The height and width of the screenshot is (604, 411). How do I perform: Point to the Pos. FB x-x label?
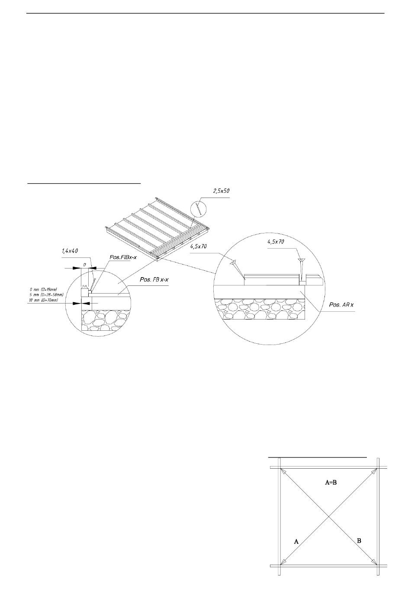[154, 280]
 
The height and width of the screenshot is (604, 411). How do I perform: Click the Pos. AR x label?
[341, 305]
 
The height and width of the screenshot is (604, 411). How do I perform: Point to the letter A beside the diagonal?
[296, 541]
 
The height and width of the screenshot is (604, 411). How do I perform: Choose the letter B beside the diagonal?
[359, 540]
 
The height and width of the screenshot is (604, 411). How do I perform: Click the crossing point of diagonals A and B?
[329, 516]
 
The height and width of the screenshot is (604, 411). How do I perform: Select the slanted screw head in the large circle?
[233, 262]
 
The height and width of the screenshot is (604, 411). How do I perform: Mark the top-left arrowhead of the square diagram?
[282, 470]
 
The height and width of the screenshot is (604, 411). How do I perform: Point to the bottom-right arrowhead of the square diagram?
[375, 563]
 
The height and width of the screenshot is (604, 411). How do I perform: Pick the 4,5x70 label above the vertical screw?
[276, 242]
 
